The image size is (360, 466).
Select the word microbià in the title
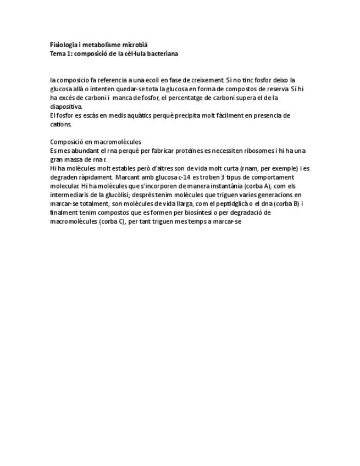click(x=135, y=45)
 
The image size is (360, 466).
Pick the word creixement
click(x=207, y=80)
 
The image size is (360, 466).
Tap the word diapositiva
click(x=65, y=107)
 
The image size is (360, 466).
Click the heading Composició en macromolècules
click(x=96, y=142)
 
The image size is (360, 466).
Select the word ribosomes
click(x=240, y=151)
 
